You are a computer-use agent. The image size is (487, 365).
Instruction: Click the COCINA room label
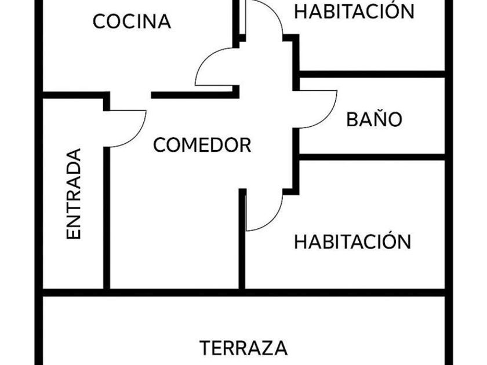[x=132, y=22]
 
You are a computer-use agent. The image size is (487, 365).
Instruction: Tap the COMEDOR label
[x=202, y=145]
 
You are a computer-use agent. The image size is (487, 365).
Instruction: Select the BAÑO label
[x=374, y=119]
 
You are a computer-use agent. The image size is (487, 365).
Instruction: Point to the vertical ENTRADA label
[x=74, y=194]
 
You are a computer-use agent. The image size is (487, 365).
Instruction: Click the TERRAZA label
[x=244, y=348]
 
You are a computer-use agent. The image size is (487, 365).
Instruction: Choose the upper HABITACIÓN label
[x=354, y=11]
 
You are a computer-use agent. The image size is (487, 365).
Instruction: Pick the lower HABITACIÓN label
[x=352, y=242]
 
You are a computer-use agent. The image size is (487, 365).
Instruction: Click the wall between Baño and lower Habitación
[x=371, y=157]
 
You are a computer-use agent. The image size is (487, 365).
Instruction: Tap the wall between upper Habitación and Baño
[x=371, y=74]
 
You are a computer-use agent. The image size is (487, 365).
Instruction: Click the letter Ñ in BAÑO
[x=380, y=119]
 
